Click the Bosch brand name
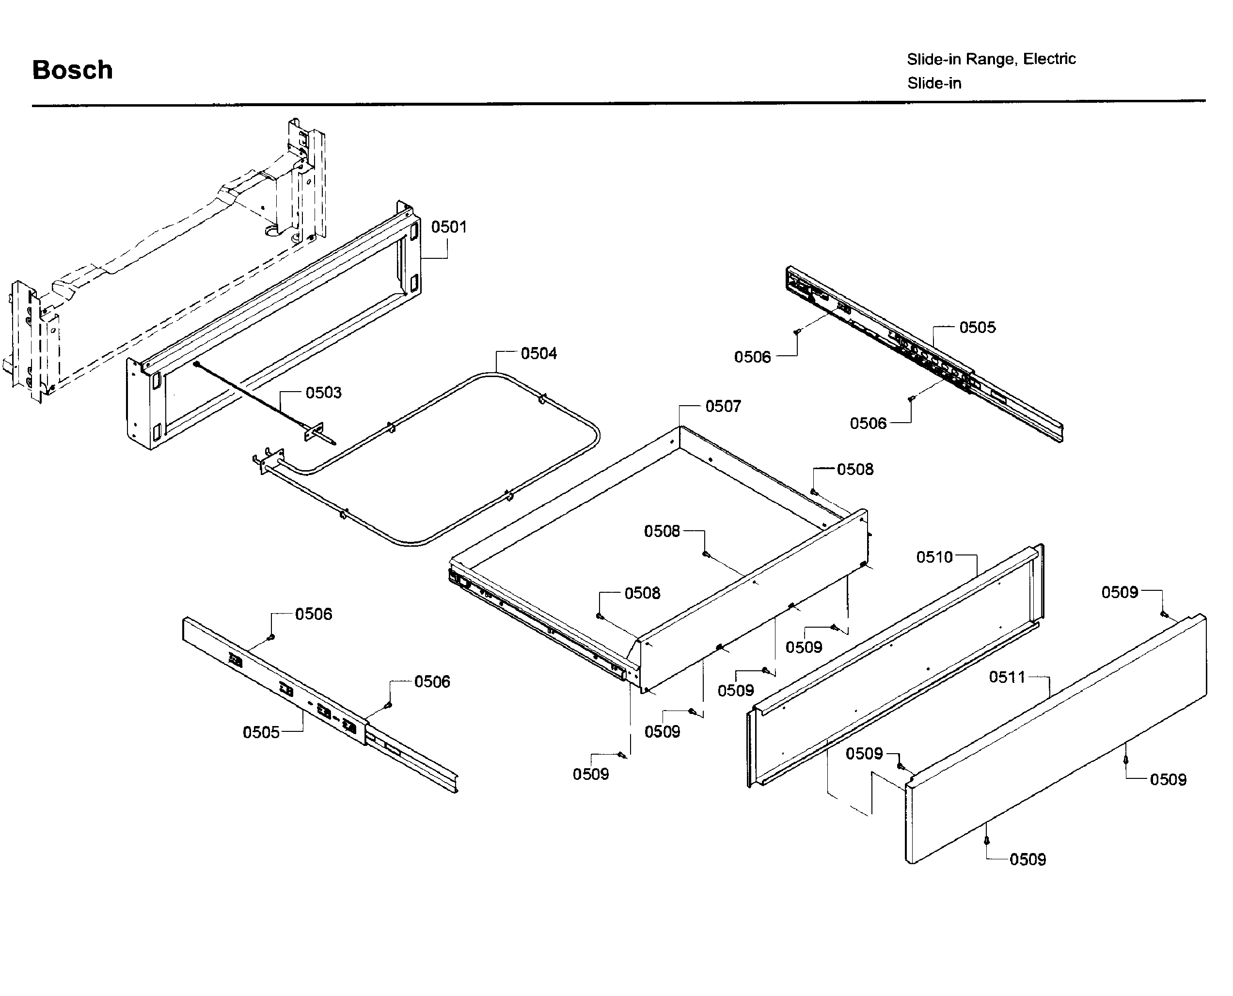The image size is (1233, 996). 72,70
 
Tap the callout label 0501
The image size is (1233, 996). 449,227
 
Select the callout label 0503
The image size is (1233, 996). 323,393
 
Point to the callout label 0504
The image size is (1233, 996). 538,353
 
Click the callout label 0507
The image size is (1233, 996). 723,406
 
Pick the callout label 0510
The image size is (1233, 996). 934,557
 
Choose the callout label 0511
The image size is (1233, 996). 1007,677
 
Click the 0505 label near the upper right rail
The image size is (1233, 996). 977,328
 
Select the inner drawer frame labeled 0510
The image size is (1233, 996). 895,665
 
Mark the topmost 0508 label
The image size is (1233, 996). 855,469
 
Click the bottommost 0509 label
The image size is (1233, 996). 1027,859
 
